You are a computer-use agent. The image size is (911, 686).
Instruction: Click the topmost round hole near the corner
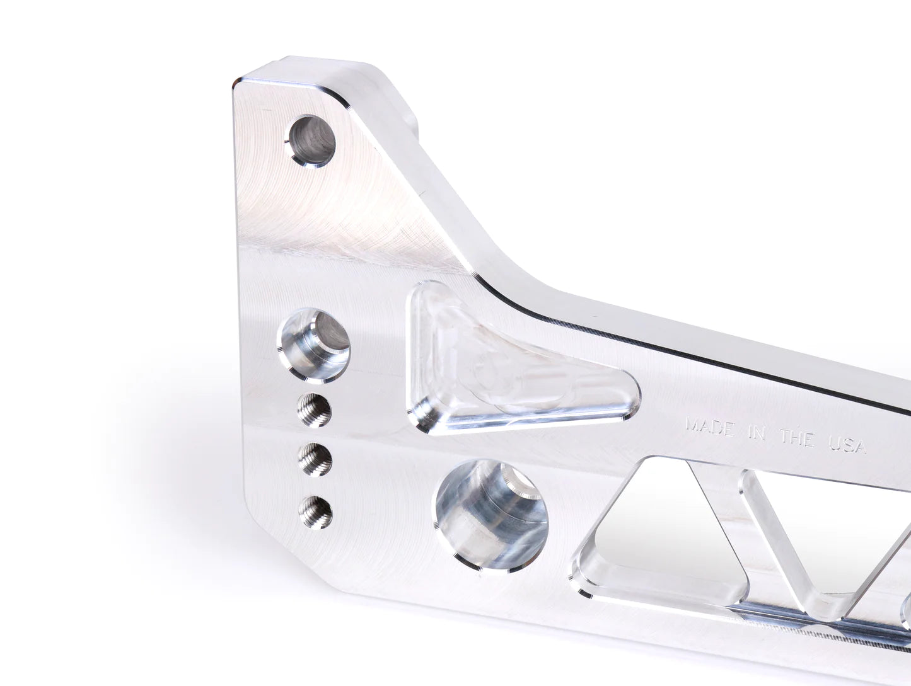tap(311, 140)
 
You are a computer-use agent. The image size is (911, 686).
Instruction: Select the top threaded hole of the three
tap(314, 409)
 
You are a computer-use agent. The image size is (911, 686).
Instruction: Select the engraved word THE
tap(796, 438)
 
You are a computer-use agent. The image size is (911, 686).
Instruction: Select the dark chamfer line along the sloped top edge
tap(630, 340)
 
